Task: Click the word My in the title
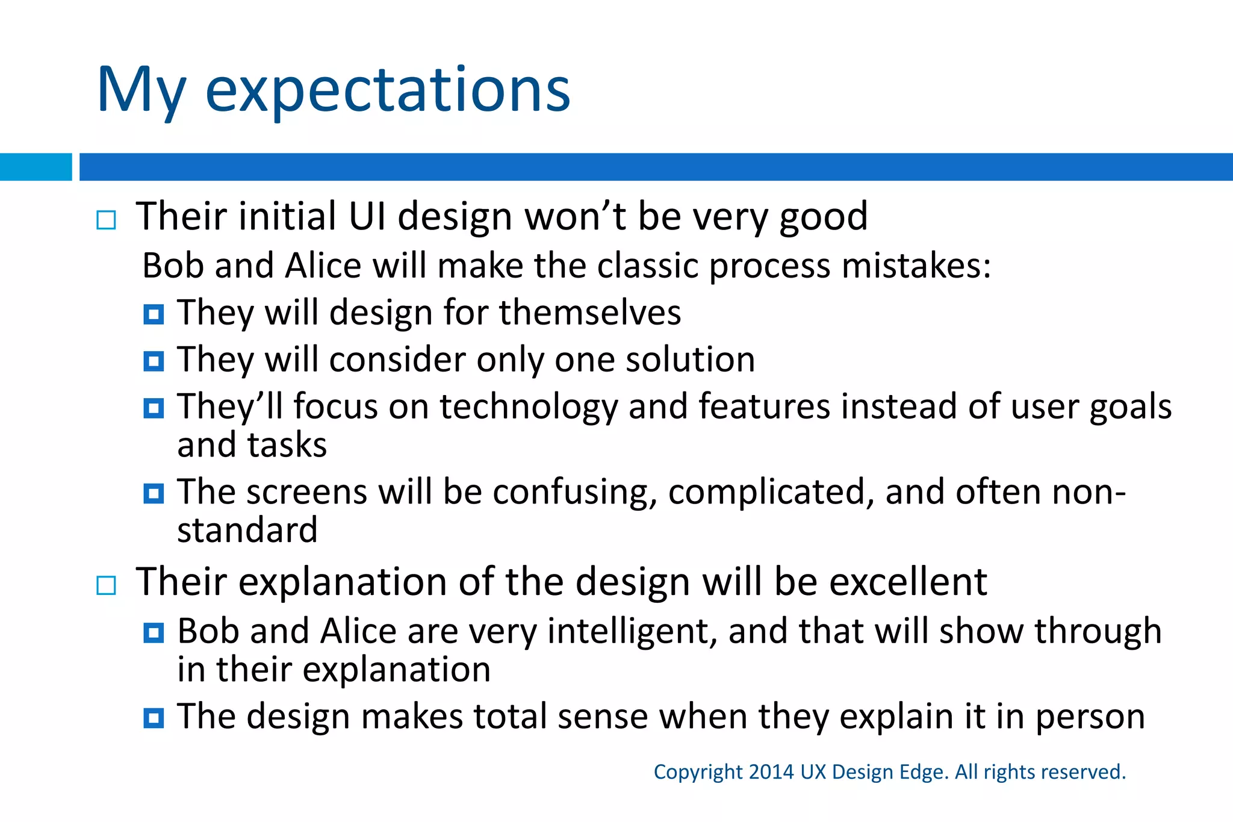click(x=141, y=90)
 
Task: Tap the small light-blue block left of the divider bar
click(x=36, y=167)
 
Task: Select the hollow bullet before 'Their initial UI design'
click(x=107, y=220)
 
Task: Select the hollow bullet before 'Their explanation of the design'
click(x=107, y=585)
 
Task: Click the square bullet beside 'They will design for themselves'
click(x=154, y=314)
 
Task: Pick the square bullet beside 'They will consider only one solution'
click(x=154, y=361)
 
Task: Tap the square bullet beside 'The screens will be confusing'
click(x=154, y=494)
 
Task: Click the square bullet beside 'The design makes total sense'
click(x=154, y=718)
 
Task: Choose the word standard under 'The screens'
click(x=247, y=531)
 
